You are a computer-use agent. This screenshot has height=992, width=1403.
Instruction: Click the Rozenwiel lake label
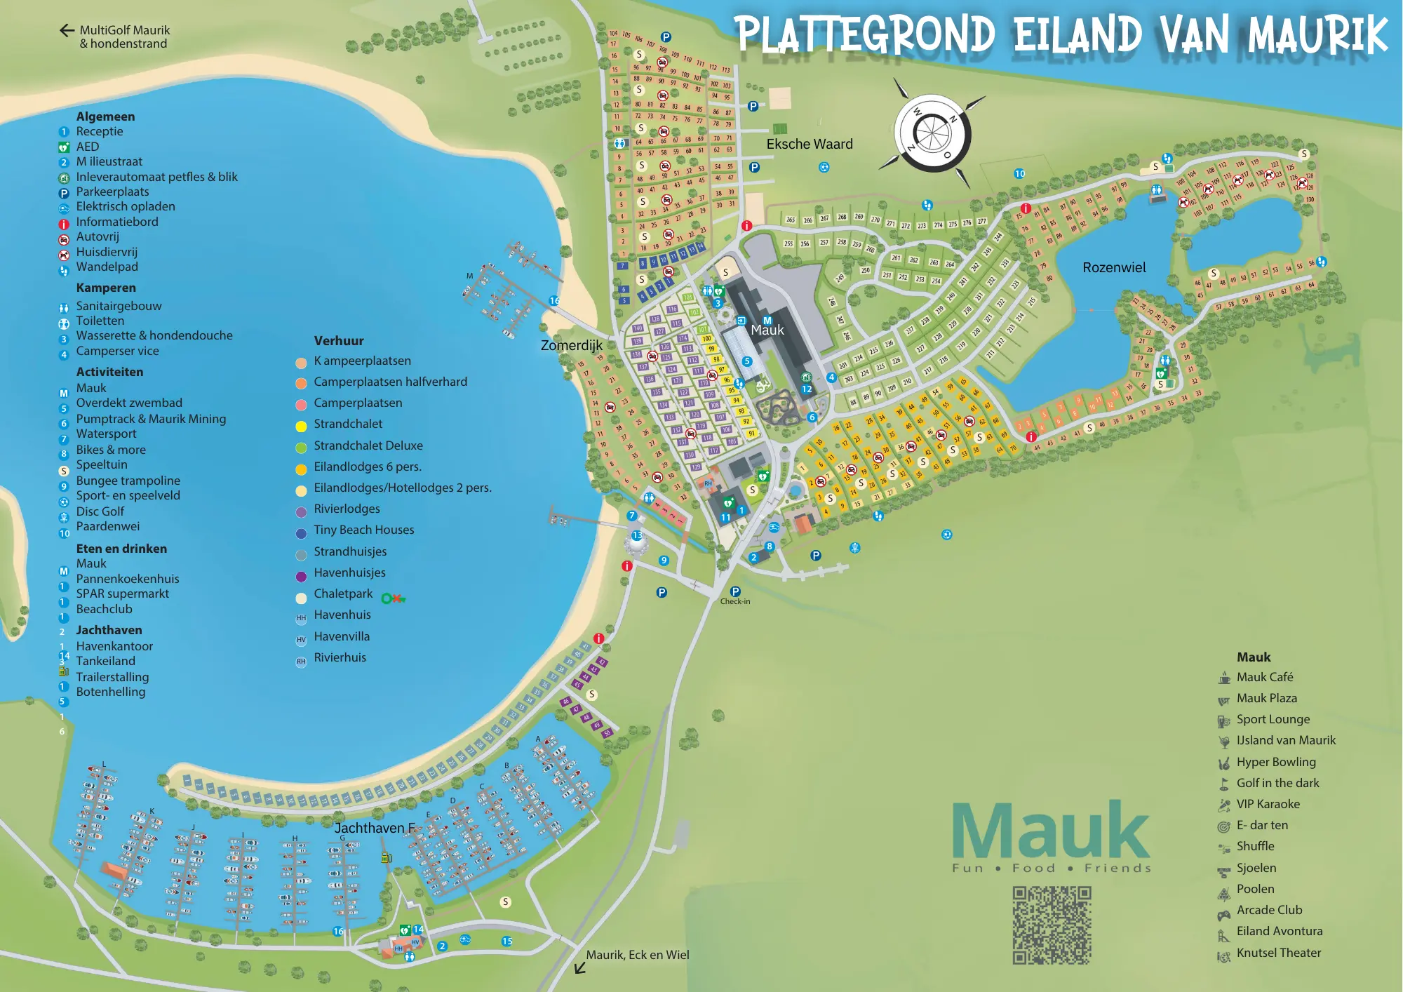pos(1114,267)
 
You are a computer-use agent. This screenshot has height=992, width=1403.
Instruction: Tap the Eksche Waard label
pos(810,144)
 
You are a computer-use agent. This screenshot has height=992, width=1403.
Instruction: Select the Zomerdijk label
pos(571,345)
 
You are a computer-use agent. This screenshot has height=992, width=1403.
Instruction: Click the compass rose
pos(932,133)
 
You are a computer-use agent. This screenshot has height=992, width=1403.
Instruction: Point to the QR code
pos(1052,925)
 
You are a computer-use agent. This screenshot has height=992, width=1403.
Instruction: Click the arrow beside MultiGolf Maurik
pos(67,30)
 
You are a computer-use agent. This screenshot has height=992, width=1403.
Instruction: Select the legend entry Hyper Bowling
pos(1275,762)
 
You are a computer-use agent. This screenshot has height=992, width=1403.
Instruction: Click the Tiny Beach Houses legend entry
pos(363,530)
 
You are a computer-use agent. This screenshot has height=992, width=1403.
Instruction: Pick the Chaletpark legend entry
pos(343,594)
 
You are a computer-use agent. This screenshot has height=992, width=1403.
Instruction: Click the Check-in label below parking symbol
pos(734,601)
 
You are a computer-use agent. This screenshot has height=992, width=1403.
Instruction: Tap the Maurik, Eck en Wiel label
pos(637,955)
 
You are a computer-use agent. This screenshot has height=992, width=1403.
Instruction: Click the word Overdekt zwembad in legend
pos(129,403)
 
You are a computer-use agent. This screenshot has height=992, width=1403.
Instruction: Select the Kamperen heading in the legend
pos(106,288)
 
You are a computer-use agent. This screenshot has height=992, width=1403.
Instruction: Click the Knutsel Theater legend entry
pos(1278,953)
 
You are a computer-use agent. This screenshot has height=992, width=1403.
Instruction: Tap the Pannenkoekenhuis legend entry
pos(128,579)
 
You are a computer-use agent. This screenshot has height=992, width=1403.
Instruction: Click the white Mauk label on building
pos(767,330)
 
